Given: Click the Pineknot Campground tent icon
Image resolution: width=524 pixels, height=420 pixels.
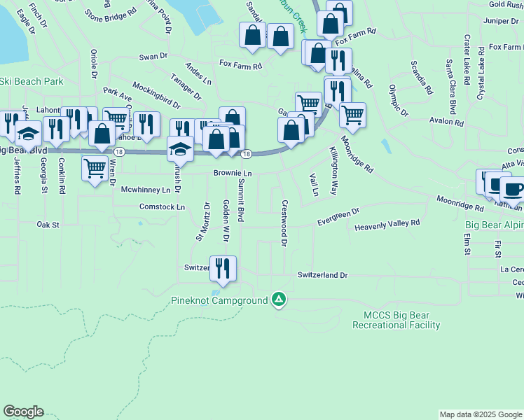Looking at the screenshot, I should tap(279, 300).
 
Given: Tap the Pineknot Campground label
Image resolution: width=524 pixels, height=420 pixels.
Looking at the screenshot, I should tap(219, 301).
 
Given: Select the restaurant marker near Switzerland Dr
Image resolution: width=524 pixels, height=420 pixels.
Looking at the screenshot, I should tap(223, 269).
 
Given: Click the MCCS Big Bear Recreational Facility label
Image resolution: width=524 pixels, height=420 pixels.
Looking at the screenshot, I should tap(396, 321).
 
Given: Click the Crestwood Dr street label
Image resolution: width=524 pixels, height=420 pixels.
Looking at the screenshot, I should tap(284, 223).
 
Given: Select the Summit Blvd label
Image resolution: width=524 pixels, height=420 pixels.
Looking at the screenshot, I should tap(240, 200).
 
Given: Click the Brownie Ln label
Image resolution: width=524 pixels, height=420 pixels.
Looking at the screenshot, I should tap(233, 173).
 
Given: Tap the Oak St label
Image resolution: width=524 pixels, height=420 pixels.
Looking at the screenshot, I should tap(49, 225).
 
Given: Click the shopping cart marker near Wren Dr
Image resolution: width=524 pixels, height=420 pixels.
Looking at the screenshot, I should tap(95, 167).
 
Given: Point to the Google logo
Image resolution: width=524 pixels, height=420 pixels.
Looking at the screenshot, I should tap(23, 412).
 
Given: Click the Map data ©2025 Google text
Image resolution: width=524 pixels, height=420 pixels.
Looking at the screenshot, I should tap(481, 414).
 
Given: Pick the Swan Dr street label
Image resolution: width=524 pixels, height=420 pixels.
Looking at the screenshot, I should tap(153, 57).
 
